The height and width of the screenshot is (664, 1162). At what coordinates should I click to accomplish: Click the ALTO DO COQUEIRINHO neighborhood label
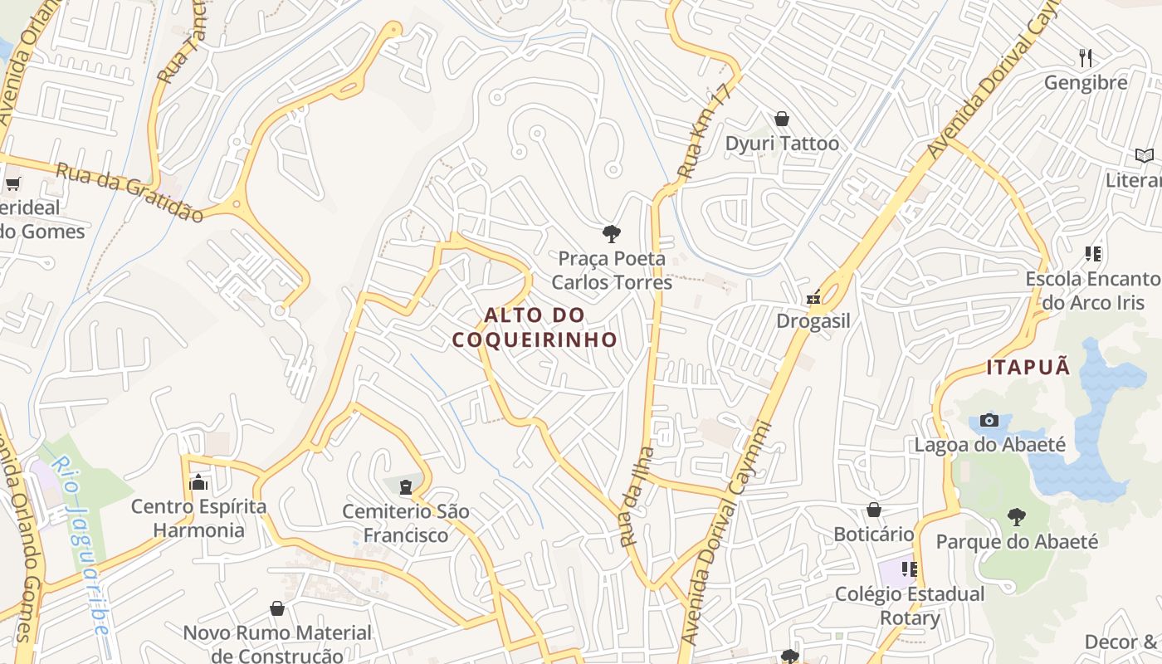[x=535, y=327]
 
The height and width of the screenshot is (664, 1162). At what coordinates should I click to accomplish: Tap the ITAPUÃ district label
[x=1028, y=367]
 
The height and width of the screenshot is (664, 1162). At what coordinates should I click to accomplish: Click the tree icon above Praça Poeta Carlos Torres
[x=612, y=233]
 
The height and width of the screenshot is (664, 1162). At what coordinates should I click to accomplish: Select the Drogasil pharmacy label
[x=813, y=321]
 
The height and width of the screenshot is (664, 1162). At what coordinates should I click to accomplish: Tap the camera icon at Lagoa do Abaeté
[x=989, y=420]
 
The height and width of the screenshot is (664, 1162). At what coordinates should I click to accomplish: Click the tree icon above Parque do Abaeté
[x=1017, y=517]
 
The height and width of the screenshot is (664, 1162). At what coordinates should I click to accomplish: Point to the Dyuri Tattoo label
[x=782, y=144]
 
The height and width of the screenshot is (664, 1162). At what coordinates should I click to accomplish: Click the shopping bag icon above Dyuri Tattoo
[x=781, y=119]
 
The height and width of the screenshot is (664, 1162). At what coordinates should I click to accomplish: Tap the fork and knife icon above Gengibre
[x=1085, y=57]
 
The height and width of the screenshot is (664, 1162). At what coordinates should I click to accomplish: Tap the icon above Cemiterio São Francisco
[x=406, y=486]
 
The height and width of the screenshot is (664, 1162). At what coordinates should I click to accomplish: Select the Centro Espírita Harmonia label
[x=199, y=518]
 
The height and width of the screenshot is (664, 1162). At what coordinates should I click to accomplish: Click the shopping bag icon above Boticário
[x=873, y=509]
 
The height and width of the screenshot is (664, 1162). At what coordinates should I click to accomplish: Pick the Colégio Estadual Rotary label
[x=910, y=606]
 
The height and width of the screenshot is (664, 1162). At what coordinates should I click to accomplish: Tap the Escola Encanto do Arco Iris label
[x=1092, y=290]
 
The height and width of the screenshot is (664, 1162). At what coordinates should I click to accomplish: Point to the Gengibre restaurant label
[x=1086, y=83]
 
